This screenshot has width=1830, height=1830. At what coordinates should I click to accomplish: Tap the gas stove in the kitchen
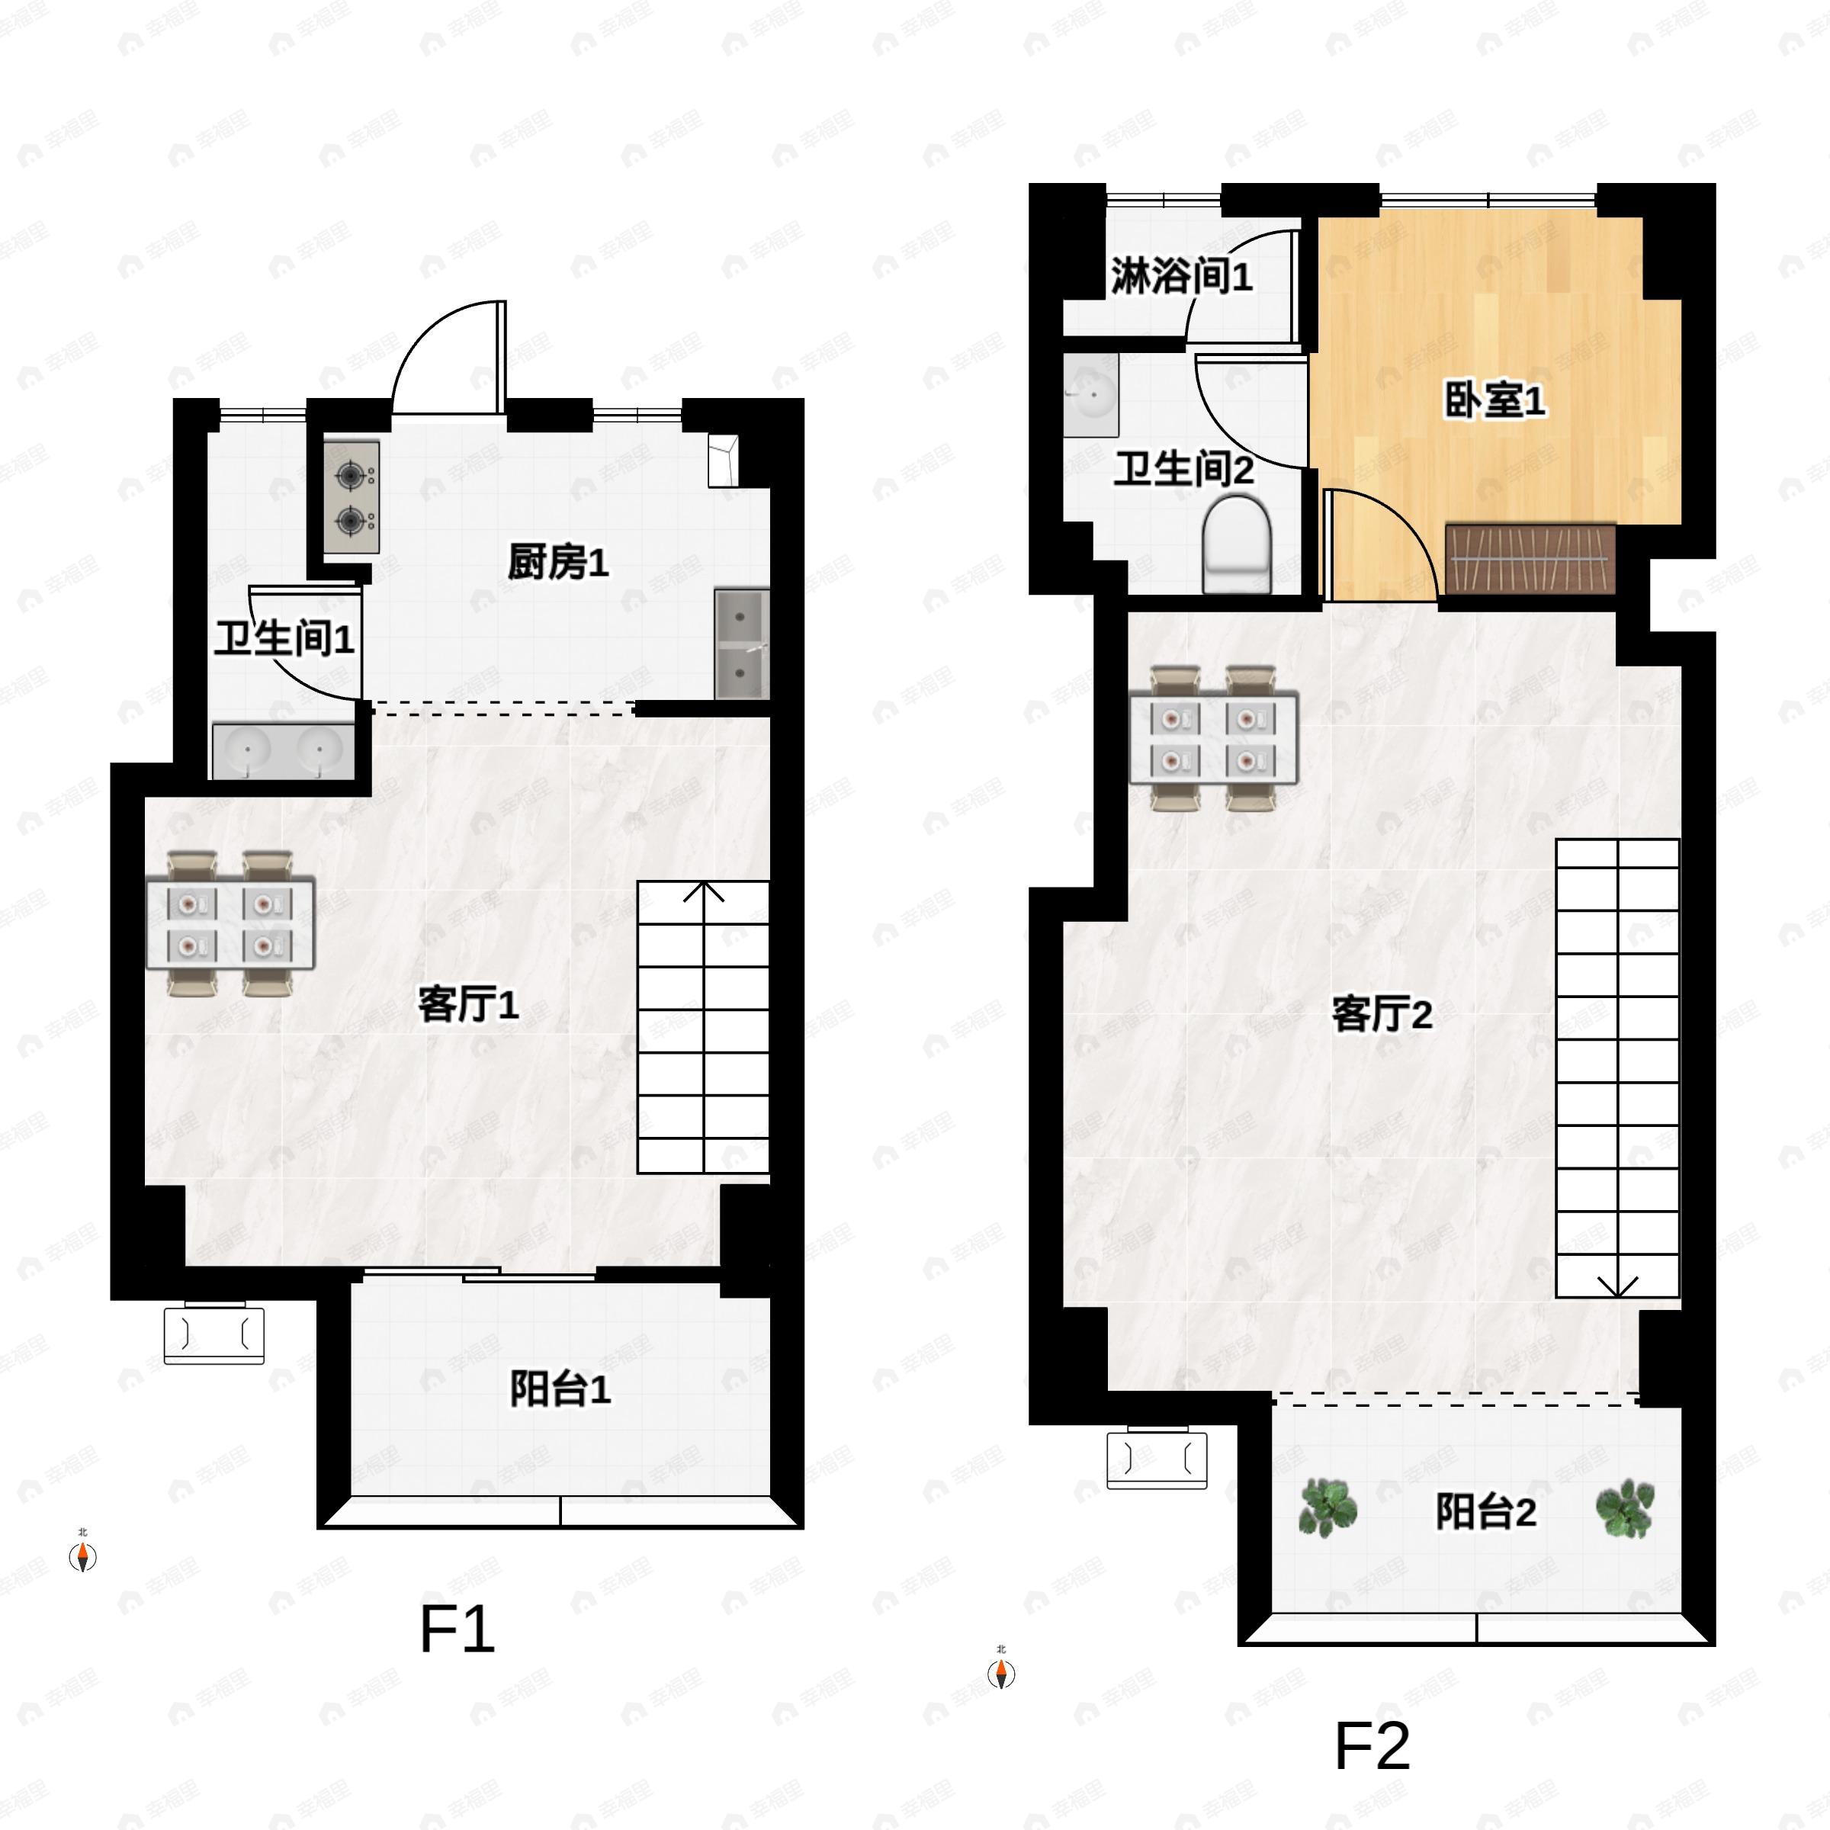352,497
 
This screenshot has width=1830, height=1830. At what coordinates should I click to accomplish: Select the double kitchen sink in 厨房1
740,644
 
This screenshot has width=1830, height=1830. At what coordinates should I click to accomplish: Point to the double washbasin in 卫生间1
283,751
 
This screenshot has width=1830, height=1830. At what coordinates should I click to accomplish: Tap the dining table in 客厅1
230,924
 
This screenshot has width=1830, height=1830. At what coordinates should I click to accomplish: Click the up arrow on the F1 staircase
704,892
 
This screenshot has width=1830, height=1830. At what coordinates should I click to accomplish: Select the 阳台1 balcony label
560,1389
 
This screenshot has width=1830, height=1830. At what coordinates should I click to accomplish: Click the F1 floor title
457,1628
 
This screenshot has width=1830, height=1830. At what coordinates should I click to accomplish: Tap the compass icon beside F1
83,1556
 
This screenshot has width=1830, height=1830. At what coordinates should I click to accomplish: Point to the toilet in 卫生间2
1237,547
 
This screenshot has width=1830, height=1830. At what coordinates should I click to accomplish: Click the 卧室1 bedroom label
1494,400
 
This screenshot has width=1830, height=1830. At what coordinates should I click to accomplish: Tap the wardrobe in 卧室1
1530,559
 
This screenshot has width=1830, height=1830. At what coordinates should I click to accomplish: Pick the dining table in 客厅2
1212,739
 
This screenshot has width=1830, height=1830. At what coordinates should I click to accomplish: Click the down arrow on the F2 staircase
1618,1286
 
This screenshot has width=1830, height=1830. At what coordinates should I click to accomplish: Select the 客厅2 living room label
1381,1014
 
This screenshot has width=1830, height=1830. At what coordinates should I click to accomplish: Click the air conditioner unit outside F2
1157,1459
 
